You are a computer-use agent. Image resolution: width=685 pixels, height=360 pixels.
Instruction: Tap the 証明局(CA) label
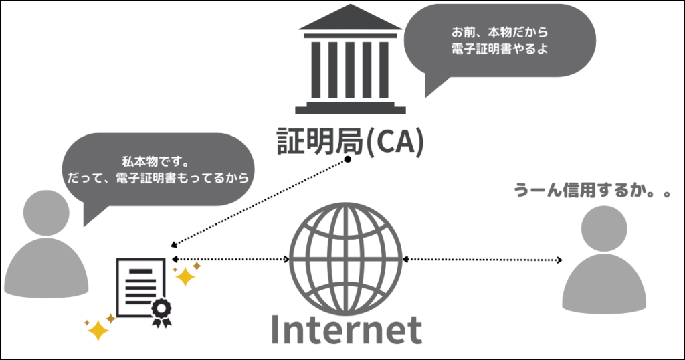click(351, 141)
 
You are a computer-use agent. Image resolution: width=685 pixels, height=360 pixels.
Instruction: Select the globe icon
click(345, 259)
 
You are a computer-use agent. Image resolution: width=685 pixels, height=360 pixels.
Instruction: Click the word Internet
click(347, 329)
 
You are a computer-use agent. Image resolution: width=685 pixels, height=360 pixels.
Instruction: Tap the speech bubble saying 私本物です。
click(158, 170)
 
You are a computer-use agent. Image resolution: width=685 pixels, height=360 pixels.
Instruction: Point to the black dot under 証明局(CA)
click(348, 160)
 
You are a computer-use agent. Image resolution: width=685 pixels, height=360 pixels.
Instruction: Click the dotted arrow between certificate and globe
click(230, 259)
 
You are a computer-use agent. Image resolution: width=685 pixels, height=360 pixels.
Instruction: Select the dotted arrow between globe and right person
click(482, 259)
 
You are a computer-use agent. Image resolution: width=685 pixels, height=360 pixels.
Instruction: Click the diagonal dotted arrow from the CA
click(261, 201)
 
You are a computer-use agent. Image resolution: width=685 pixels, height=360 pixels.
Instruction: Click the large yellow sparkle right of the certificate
click(183, 276)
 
